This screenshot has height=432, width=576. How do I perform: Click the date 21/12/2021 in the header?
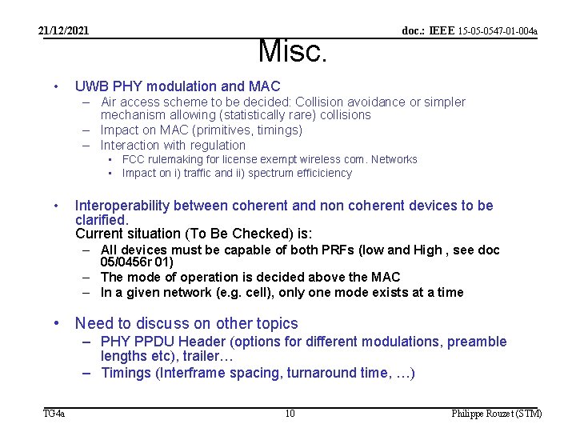(64, 31)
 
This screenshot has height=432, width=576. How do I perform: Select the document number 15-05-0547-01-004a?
(497, 31)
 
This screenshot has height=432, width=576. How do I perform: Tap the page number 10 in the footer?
(290, 414)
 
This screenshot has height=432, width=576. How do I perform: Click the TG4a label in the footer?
(54, 414)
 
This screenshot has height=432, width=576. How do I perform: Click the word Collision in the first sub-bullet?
(321, 102)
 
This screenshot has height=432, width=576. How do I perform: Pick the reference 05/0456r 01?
(136, 262)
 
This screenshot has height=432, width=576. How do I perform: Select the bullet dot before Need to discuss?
(56, 324)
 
